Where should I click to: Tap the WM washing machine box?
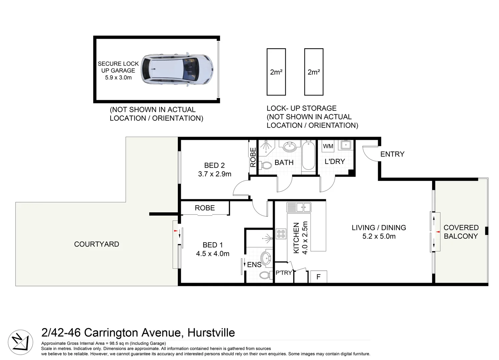(328, 146)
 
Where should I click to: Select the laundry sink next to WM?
(345, 145)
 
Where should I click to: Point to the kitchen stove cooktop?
(280, 234)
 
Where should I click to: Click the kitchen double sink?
(298, 207)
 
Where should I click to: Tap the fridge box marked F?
(318, 277)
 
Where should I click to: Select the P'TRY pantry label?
(284, 273)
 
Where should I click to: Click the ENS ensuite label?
(254, 265)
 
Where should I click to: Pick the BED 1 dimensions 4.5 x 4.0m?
(213, 254)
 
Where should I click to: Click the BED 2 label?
(215, 165)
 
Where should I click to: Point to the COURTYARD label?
(97, 244)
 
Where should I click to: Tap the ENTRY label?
(392, 154)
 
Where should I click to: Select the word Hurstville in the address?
(211, 333)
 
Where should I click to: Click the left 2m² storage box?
(276, 72)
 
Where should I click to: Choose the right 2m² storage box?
(313, 72)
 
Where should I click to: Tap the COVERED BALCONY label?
(461, 232)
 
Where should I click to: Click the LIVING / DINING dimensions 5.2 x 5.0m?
(379, 236)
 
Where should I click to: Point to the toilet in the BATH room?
(266, 165)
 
